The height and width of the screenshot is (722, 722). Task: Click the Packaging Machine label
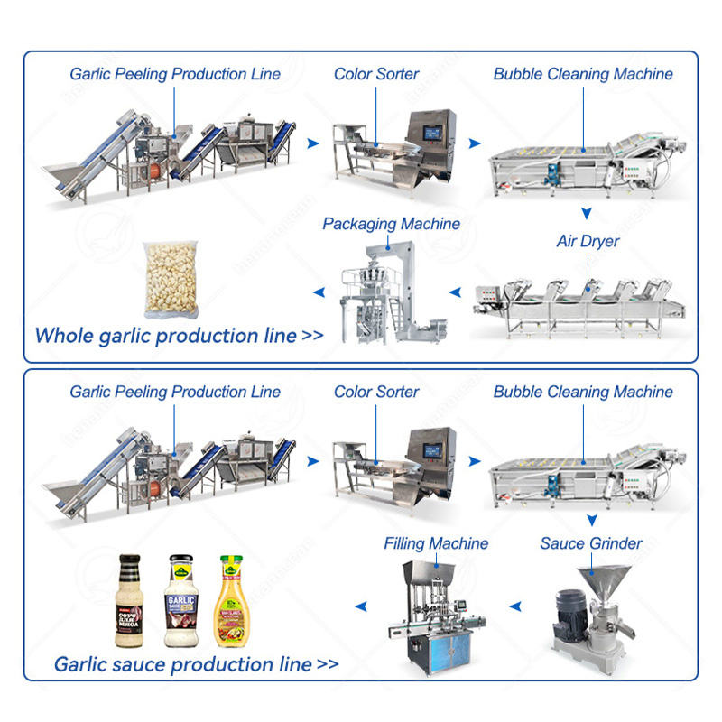coord(391,224)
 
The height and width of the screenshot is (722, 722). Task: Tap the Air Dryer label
coord(588,242)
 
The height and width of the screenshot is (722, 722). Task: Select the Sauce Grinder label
coord(591,543)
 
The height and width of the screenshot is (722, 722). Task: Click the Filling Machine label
coord(436,543)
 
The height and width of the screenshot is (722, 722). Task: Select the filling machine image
coord(439,614)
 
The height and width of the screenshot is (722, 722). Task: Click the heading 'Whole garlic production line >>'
coord(179,336)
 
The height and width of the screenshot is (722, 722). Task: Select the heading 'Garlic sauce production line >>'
coord(196,665)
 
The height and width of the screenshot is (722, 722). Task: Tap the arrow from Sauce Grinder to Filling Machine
coord(517,606)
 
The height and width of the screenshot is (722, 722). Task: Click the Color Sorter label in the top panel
coord(376,73)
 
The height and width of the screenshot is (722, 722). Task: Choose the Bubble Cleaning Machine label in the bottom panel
coord(582,392)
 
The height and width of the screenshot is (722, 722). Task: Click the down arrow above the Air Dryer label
coord(586,214)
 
